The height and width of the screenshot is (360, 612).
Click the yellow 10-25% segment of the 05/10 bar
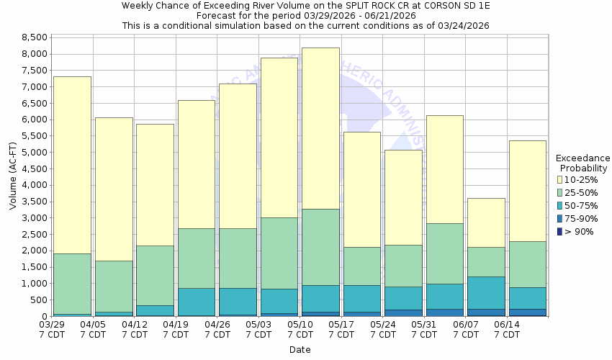click(x=320, y=128)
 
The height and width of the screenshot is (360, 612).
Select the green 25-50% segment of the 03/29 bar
click(x=72, y=284)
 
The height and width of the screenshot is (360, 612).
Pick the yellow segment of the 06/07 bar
click(x=486, y=222)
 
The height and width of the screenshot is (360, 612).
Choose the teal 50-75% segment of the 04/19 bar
click(x=197, y=302)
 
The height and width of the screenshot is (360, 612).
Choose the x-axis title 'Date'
click(x=300, y=350)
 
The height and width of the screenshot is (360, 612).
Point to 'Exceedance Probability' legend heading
click(x=582, y=163)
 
